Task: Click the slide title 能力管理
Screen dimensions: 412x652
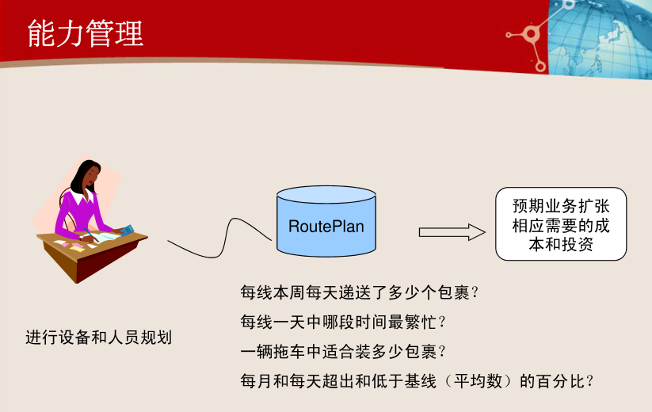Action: (x=85, y=33)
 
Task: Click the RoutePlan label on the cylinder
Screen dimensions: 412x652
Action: (x=326, y=227)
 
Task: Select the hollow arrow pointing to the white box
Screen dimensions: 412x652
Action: (x=452, y=231)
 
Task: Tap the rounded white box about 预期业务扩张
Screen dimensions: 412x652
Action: (x=561, y=224)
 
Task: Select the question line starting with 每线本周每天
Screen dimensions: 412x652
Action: (x=360, y=292)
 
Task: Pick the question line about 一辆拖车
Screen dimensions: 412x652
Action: (x=342, y=350)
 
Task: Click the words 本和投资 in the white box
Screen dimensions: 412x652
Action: (x=561, y=245)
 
